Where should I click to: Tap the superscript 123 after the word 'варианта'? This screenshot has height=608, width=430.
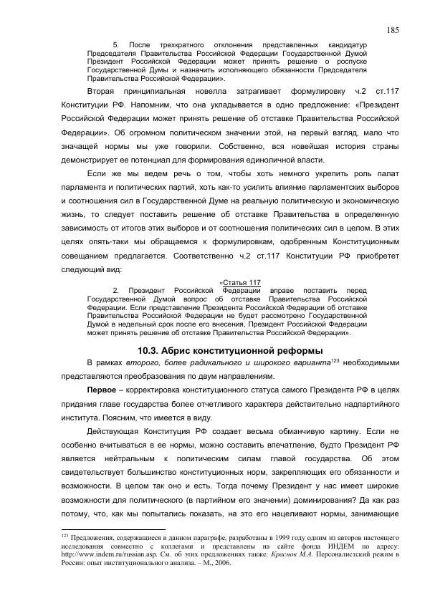pos(335,360)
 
